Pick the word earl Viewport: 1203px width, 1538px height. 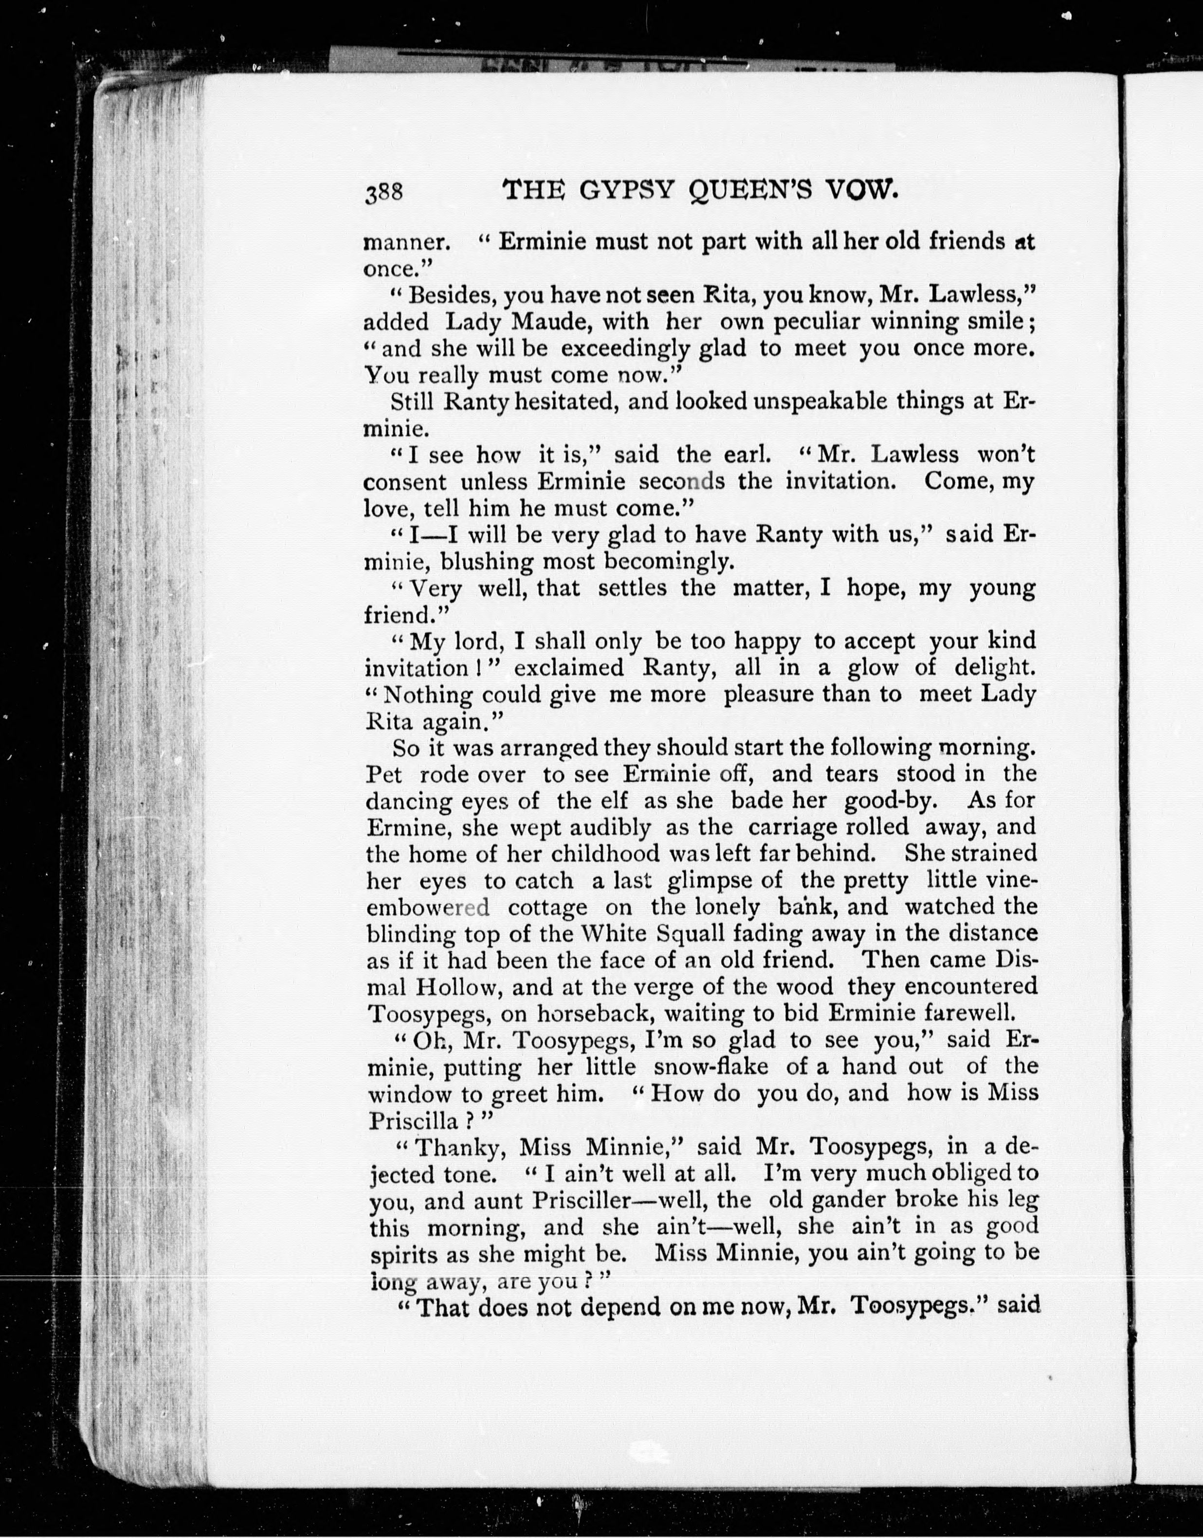pos(747,455)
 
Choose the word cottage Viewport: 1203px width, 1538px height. pos(547,907)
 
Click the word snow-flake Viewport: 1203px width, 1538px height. pos(710,1067)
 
